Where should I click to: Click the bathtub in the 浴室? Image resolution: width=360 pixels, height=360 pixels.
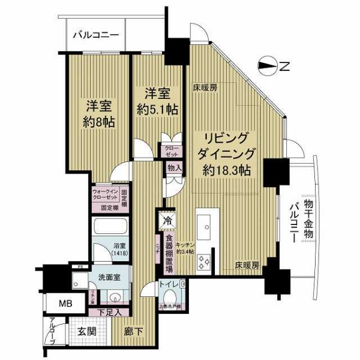tap(110, 229)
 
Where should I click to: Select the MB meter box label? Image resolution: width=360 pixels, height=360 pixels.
tap(65, 304)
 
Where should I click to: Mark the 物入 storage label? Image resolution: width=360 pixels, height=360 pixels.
tap(173, 170)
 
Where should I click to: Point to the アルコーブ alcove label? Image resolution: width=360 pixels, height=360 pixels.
tap(52, 331)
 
